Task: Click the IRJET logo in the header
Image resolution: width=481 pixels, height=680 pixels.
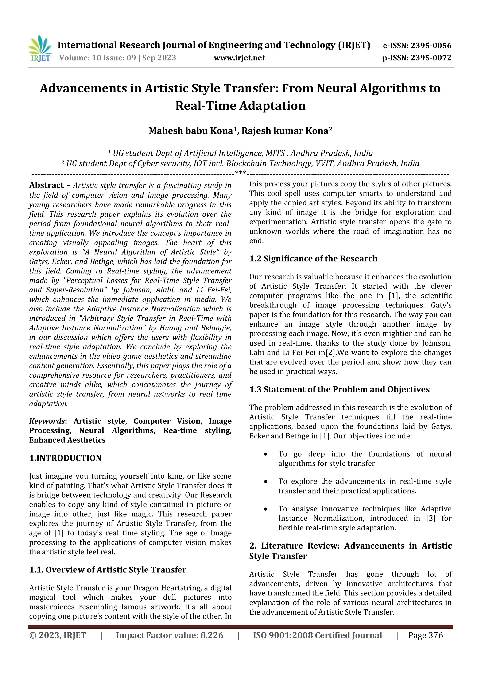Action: coord(40,49)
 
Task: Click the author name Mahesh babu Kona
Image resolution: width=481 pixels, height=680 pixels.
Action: coord(190,131)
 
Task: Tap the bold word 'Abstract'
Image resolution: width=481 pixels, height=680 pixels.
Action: coord(47,185)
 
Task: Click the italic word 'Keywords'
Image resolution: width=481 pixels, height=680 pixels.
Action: coord(47,421)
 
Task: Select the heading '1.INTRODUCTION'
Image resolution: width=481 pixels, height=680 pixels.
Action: coord(65,458)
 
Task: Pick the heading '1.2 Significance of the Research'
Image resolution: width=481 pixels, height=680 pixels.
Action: coord(313,259)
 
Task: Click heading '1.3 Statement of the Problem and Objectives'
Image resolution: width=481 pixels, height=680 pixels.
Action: coord(339,389)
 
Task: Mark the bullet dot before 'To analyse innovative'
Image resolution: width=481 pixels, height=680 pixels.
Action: coord(266,509)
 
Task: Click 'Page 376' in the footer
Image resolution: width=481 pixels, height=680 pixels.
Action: coord(425,635)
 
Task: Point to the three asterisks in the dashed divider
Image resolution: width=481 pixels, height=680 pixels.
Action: coord(240,173)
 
